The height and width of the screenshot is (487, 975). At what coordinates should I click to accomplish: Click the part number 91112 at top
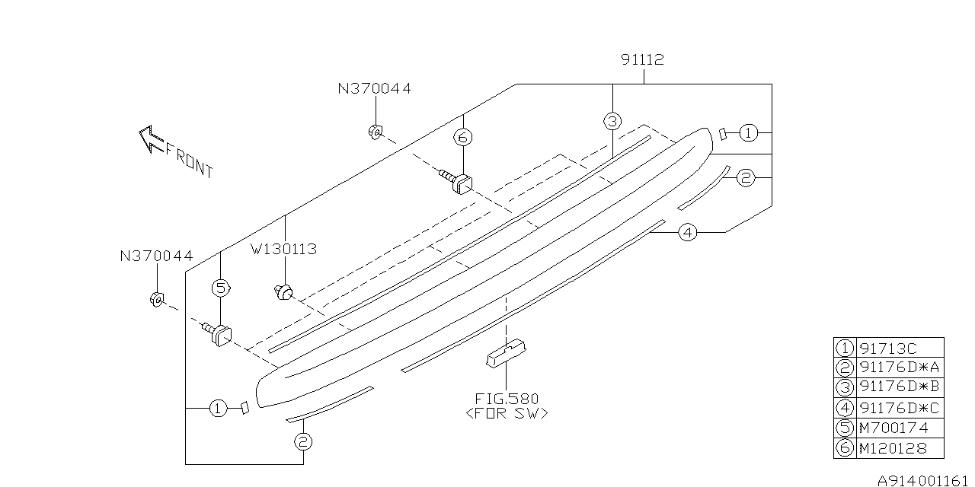pos(642,59)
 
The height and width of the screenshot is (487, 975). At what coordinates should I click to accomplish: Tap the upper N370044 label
pos(374,88)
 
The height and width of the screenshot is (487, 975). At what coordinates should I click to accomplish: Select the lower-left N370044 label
pos(156,256)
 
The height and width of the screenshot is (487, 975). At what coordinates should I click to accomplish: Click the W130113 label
pos(284,249)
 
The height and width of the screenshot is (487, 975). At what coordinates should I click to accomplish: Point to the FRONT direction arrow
pos(151,140)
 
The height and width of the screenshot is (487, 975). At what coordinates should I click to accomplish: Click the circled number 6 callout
pos(463,138)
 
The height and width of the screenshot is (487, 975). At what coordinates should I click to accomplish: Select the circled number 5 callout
pos(220,288)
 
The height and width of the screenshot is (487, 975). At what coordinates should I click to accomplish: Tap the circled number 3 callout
pos(612,120)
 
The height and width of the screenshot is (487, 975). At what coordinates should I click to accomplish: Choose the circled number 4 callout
pos(687,232)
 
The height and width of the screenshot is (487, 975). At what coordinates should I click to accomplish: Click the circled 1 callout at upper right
pos(749,133)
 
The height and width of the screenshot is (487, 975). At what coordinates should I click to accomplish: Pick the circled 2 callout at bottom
pos(302,441)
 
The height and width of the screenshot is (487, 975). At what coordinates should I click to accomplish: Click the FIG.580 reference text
pos(507,399)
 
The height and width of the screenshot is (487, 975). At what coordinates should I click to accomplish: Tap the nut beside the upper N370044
pos(374,132)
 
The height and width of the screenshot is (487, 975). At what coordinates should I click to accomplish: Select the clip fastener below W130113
pos(284,292)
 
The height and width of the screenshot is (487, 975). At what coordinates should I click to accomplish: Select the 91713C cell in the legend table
pos(888,348)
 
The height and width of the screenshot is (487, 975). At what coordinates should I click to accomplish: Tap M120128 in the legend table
pos(893,448)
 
